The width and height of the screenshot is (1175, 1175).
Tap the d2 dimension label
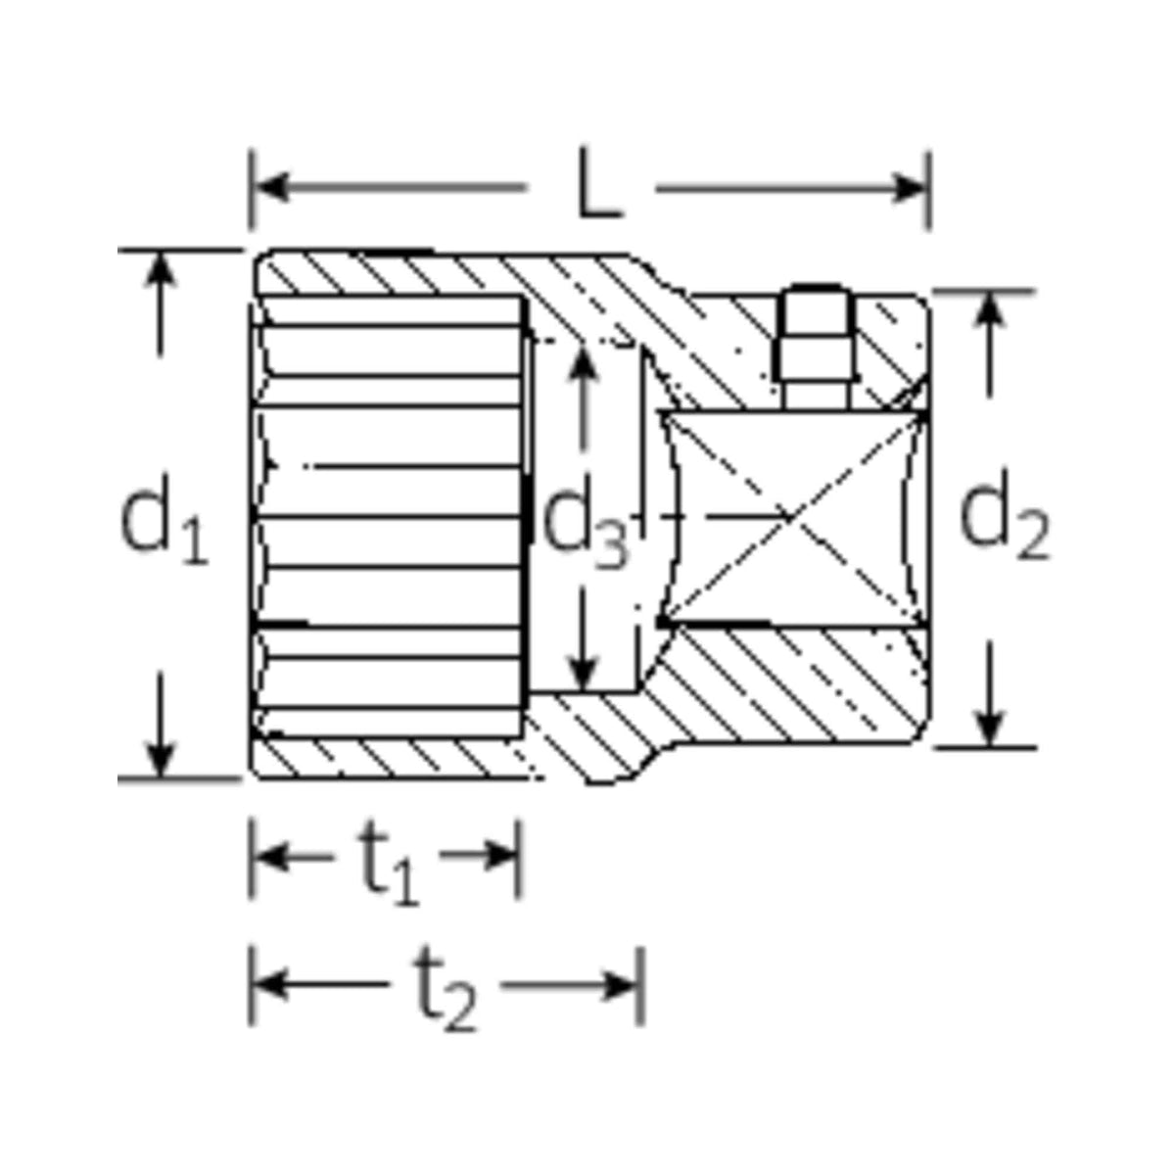pyautogui.click(x=1001, y=520)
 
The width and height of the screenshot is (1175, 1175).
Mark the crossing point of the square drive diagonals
pyautogui.click(x=791, y=516)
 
